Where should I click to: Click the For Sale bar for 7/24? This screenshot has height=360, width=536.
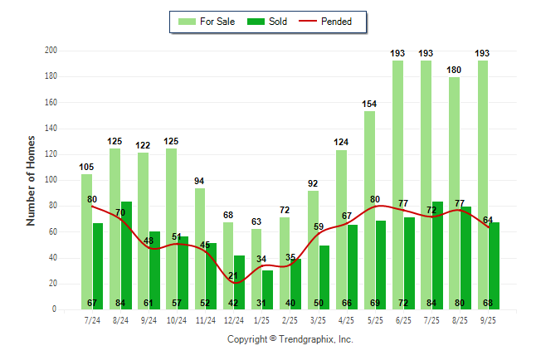point(86,241)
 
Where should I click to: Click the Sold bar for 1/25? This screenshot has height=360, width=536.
point(267,289)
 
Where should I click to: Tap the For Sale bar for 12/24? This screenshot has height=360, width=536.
point(228,265)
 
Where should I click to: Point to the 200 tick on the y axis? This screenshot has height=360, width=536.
point(51,51)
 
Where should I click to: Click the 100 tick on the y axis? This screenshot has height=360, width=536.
point(51,180)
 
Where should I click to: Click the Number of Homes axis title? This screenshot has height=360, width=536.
point(31,180)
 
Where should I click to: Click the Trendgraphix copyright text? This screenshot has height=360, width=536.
point(290,339)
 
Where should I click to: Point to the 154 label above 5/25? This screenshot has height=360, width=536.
point(369,104)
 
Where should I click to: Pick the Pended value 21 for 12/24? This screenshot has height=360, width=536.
point(233,276)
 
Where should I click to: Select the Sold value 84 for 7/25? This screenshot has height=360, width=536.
point(437,303)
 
